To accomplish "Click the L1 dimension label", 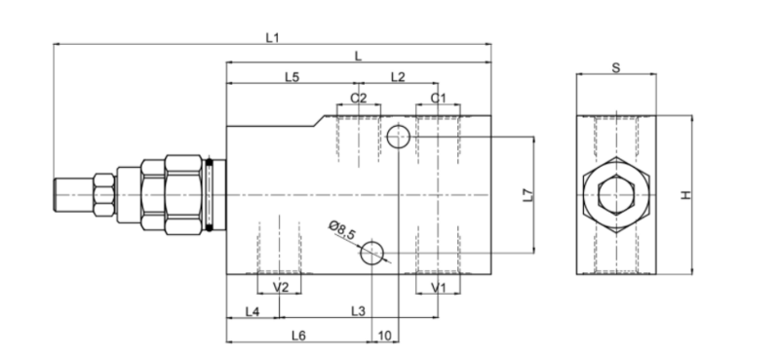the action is (272, 37).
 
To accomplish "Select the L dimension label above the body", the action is (358, 57).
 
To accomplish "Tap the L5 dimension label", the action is (292, 77).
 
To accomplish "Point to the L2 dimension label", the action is (398, 77).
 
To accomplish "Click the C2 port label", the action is (358, 99).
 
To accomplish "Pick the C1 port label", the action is (438, 99).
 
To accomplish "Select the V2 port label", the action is (281, 287).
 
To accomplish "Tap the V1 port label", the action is (438, 287).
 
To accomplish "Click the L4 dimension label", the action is (253, 311).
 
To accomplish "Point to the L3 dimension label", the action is (358, 311).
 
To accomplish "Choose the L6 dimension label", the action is (298, 337).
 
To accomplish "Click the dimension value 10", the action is (385, 337).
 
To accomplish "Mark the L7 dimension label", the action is (528, 195).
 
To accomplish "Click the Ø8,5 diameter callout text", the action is (342, 230).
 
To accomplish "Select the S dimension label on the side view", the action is (616, 68).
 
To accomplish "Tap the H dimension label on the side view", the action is (686, 195).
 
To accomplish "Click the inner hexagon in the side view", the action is (616, 177).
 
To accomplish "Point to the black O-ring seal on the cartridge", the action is (210, 195).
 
